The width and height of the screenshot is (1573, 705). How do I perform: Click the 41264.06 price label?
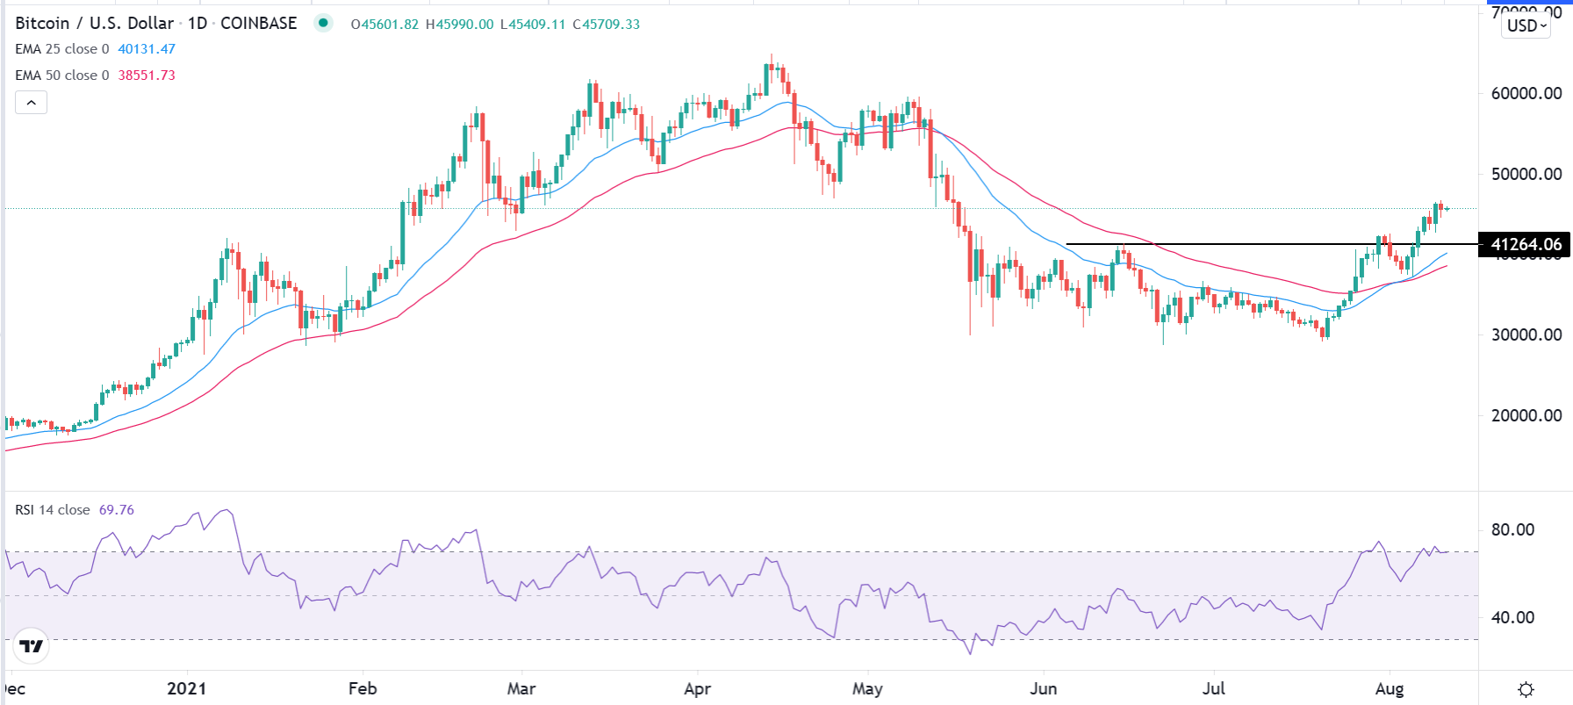(1526, 245)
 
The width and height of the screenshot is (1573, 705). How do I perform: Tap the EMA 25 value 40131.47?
(147, 49)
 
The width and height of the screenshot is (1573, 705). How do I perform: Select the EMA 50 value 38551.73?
(147, 76)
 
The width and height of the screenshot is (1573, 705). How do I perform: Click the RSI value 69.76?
(117, 510)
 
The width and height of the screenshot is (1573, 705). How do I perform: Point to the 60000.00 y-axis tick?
(1526, 94)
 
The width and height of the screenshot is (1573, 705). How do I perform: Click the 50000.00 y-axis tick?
(1526, 174)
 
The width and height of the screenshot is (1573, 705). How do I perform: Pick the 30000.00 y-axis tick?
(1526, 335)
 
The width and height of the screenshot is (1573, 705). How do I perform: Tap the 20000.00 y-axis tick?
(1526, 415)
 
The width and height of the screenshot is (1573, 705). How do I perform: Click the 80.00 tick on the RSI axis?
(1512, 529)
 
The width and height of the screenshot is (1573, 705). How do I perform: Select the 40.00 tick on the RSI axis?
(1512, 617)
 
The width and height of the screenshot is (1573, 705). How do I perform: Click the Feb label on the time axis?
(363, 688)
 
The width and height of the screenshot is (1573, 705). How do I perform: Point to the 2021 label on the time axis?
(186, 688)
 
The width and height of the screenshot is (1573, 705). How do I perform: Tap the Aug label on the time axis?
(1390, 688)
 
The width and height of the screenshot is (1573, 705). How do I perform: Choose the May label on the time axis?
(867, 688)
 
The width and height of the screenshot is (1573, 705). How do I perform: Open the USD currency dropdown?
(1527, 25)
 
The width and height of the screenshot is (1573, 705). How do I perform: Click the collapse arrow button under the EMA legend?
(32, 103)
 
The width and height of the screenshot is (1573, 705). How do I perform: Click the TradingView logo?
(32, 647)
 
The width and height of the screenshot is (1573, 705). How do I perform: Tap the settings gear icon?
(1526, 689)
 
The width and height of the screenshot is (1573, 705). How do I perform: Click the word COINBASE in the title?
(259, 24)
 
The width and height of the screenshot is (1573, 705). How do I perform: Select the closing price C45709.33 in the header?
(607, 25)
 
